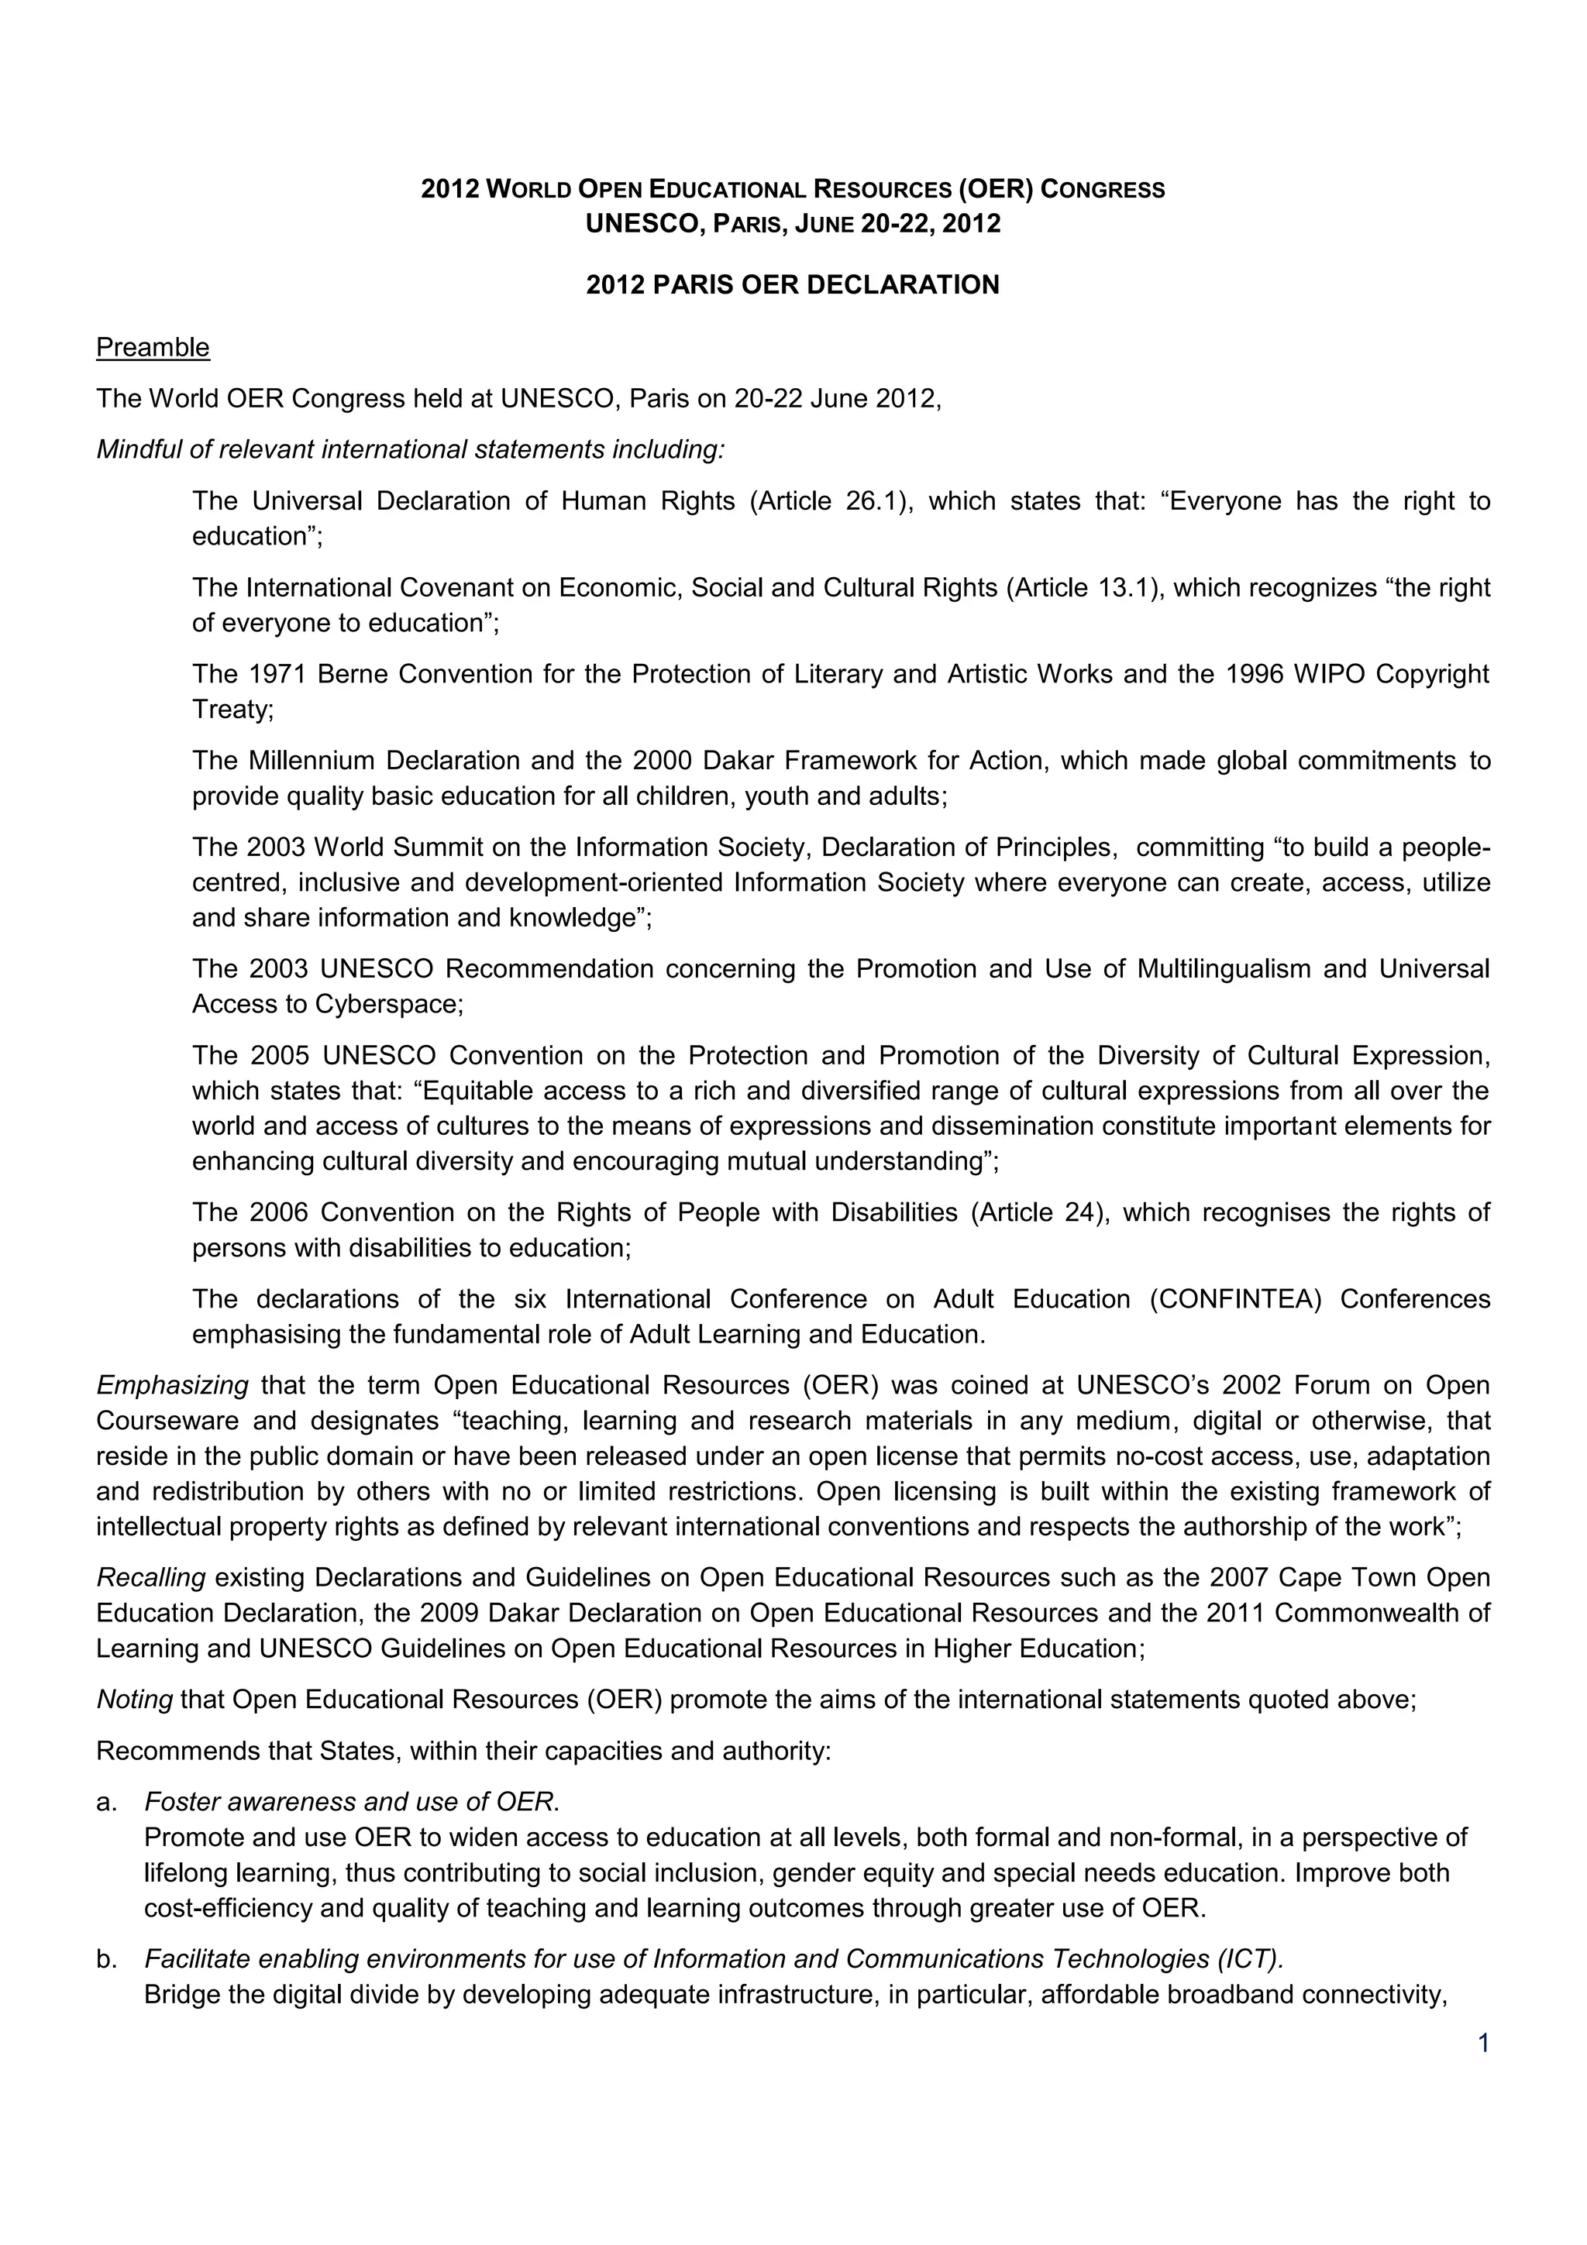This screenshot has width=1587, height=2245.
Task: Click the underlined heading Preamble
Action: pos(153,347)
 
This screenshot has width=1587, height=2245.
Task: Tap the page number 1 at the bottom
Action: pos(1483,2043)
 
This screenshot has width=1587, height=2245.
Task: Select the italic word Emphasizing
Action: pos(172,1386)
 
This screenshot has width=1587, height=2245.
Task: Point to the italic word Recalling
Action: pos(150,1577)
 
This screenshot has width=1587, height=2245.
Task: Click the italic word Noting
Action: pos(134,1700)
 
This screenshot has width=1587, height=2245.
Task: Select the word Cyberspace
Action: pos(388,1004)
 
